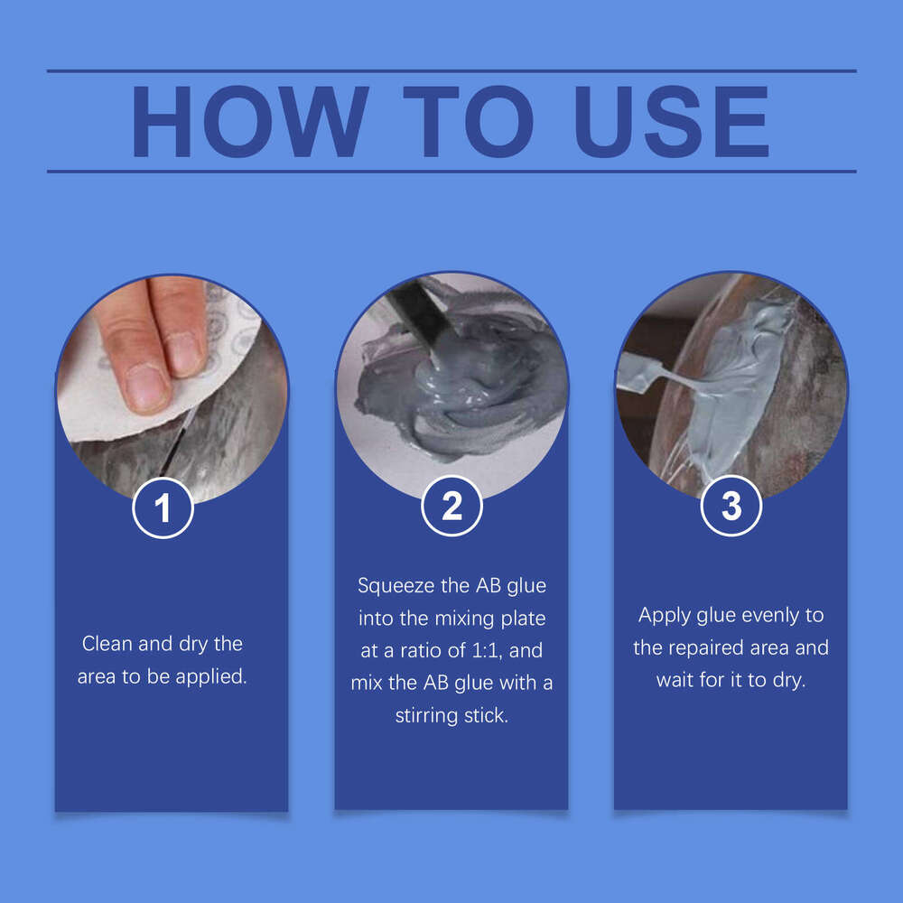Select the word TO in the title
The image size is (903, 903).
[x=456, y=122]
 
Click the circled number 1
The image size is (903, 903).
[x=163, y=508]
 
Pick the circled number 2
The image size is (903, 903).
[x=451, y=507]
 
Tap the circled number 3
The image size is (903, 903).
[x=731, y=506]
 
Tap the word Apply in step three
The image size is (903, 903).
[x=664, y=615]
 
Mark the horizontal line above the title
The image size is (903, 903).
[x=451, y=70]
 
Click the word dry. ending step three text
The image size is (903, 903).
[x=787, y=680]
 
